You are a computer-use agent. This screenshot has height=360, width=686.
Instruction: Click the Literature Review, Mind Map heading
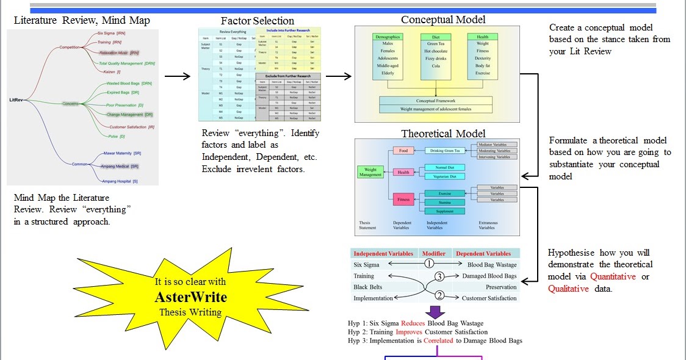click(82, 21)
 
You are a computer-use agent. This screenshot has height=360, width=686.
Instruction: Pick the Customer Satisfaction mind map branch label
click(128, 127)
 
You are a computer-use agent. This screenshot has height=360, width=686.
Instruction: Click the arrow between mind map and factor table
click(178, 76)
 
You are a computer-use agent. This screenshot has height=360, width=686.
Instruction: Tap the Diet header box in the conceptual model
click(436, 37)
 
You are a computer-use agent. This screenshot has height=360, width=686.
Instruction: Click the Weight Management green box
click(370, 171)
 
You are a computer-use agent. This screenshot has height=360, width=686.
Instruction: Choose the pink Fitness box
click(403, 198)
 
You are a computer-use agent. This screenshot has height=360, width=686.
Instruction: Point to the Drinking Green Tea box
click(446, 150)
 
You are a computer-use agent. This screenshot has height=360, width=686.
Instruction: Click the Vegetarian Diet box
click(445, 176)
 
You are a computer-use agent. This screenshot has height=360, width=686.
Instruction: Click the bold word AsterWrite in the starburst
click(190, 298)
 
